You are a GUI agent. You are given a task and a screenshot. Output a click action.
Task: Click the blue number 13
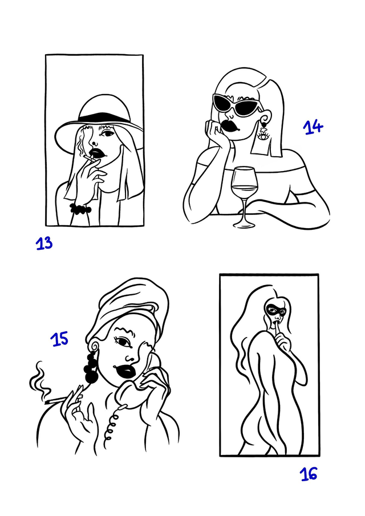pyautogui.click(x=44, y=243)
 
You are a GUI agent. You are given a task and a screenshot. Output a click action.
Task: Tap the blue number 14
pyautogui.click(x=313, y=127)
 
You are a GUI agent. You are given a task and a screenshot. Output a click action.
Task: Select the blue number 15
pyautogui.click(x=59, y=339)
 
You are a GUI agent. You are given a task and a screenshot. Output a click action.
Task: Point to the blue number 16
pyautogui.click(x=309, y=474)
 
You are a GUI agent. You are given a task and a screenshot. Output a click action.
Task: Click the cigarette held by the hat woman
pyautogui.click(x=90, y=159)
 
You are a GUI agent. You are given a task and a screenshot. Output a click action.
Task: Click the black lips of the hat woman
pyautogui.click(x=97, y=153)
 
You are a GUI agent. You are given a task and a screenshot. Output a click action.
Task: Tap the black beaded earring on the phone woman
pyautogui.click(x=91, y=367)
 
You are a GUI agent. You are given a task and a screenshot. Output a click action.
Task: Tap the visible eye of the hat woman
pyautogui.click(x=108, y=133)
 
